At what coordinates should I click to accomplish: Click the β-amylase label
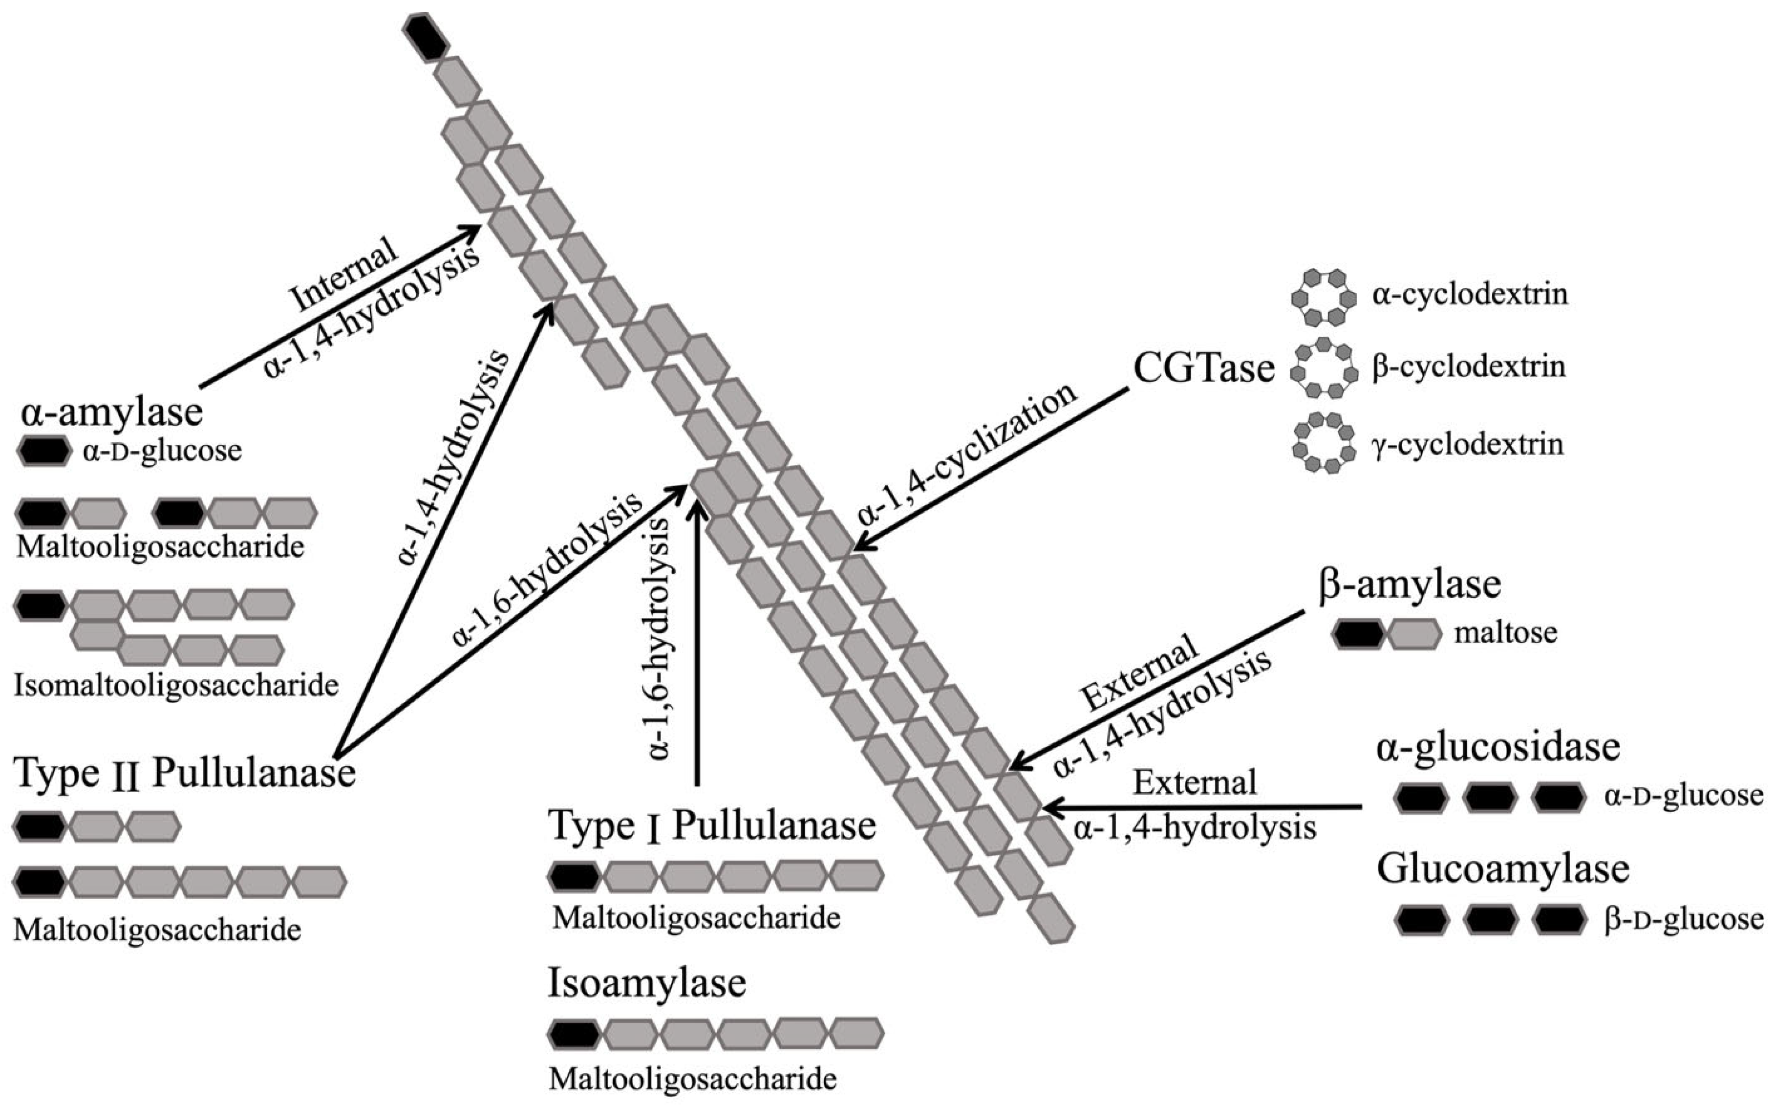(1409, 585)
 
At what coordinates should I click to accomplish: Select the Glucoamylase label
(1503, 869)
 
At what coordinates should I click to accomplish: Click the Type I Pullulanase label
(712, 826)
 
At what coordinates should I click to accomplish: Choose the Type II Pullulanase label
(184, 773)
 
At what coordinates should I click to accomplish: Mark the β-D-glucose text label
(1684, 919)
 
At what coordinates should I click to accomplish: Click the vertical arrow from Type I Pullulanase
(696, 643)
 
